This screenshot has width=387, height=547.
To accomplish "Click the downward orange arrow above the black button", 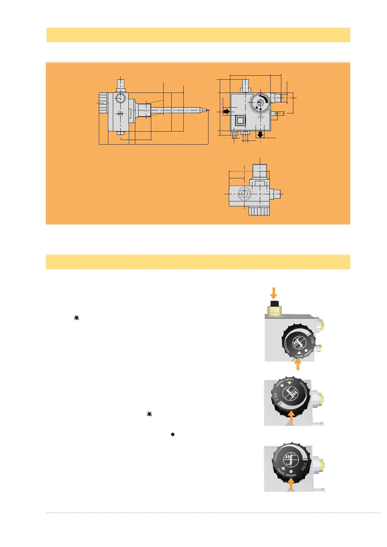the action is click(274, 293).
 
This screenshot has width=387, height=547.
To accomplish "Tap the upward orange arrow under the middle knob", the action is click(291, 416).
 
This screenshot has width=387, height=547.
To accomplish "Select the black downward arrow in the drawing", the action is click(260, 134).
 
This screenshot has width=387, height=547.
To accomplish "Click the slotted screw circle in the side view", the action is click(120, 113).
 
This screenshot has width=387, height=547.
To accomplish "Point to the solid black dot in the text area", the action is click(173, 434).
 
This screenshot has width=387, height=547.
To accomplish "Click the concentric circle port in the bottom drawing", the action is click(244, 194).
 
